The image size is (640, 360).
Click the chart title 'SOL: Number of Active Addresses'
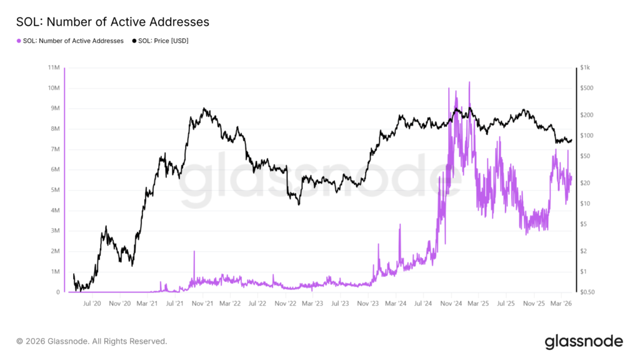coord(113,22)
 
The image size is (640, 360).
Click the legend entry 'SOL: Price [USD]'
coord(160,41)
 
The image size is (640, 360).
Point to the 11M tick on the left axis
coord(53,67)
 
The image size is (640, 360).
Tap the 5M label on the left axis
coord(54,190)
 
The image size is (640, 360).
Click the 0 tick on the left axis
coord(57,292)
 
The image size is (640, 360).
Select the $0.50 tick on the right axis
coord(587,292)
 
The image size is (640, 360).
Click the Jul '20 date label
coord(92,304)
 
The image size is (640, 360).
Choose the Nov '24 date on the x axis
coord(451,304)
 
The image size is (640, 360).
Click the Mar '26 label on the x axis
coord(561,304)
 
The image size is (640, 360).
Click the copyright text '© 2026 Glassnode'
coord(92,341)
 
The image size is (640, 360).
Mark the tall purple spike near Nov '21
coord(194,252)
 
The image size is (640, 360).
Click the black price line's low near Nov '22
coord(299,204)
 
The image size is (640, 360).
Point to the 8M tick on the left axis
coord(54,129)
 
